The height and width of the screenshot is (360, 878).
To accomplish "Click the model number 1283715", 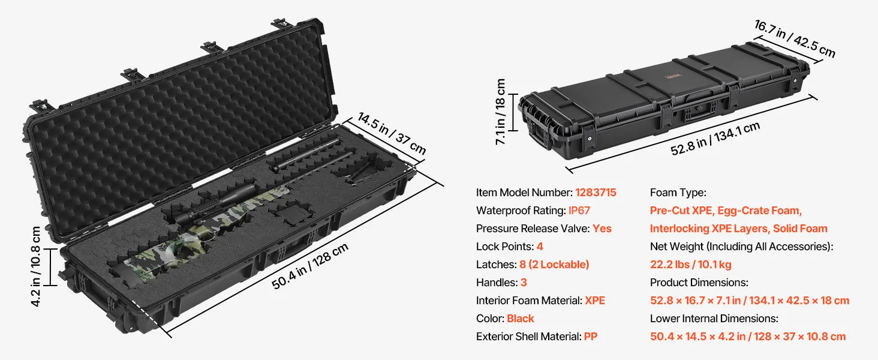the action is [x=596, y=193].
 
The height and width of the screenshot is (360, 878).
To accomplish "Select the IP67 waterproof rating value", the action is [x=579, y=211].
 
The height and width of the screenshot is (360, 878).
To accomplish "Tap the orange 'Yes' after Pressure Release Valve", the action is [x=602, y=229].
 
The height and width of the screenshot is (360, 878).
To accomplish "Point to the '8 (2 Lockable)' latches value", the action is [x=554, y=265].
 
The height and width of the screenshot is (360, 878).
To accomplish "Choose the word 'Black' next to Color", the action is [x=520, y=319].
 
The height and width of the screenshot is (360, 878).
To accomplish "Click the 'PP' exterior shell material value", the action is [x=590, y=337].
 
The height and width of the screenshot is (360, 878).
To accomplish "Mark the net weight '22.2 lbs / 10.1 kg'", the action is [x=691, y=265].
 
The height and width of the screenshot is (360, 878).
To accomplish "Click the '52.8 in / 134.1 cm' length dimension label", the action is [x=715, y=139].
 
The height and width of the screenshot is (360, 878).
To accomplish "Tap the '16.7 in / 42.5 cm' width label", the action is [x=795, y=38].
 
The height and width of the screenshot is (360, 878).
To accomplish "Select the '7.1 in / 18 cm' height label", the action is [x=501, y=112].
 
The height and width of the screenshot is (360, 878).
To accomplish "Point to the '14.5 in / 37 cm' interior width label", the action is [x=392, y=133].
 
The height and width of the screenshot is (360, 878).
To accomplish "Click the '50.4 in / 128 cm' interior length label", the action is [x=309, y=266].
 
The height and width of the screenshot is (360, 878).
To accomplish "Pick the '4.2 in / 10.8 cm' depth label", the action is [x=35, y=266].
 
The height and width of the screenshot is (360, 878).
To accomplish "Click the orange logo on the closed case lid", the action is [x=673, y=75].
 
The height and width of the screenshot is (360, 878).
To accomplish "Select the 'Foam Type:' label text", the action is [x=678, y=193].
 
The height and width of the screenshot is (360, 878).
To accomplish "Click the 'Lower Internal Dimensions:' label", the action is [x=714, y=319].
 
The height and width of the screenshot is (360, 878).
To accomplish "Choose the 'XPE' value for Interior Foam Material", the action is [x=595, y=301].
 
